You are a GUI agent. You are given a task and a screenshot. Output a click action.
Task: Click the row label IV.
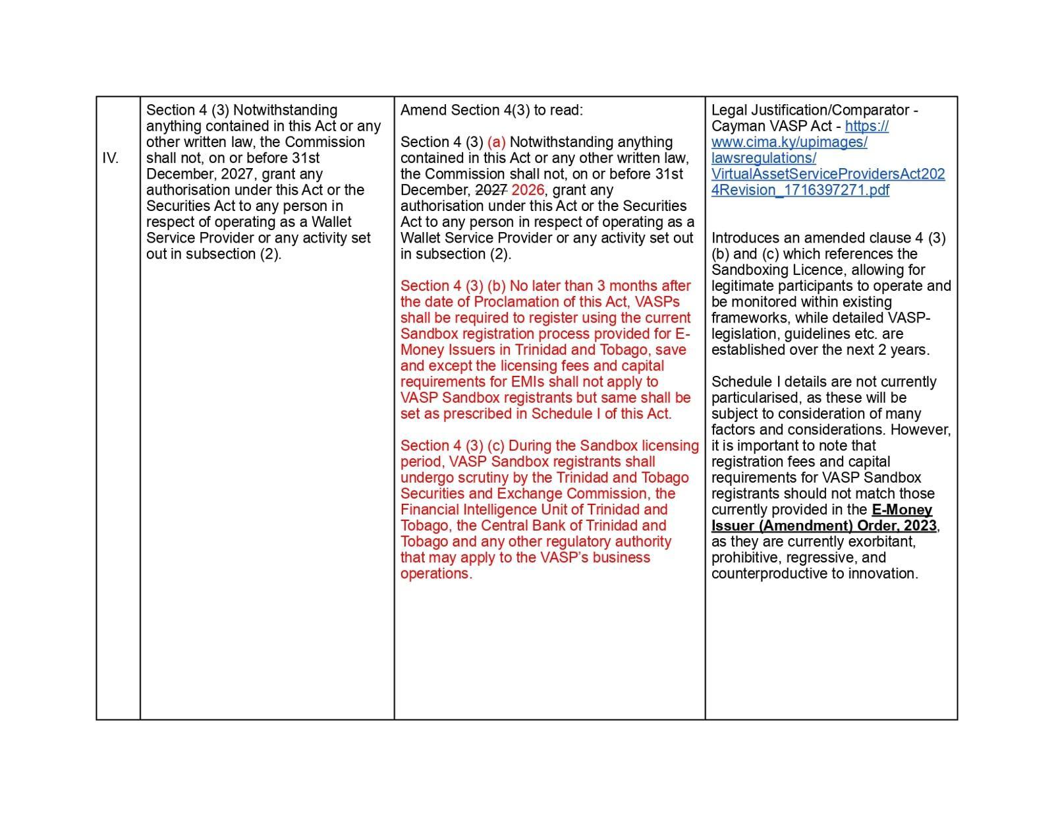coord(110,158)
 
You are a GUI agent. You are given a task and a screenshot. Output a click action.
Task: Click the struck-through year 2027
coord(491,190)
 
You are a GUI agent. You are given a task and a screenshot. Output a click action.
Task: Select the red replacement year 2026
coord(528,190)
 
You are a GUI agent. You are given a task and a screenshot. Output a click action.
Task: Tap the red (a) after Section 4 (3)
coord(496,142)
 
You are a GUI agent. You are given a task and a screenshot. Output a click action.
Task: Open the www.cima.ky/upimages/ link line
coord(789,142)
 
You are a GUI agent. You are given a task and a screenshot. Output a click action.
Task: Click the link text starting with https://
coord(867,126)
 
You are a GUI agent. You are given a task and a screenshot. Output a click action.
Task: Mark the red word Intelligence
coord(503,510)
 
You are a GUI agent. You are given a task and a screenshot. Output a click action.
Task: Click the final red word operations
coord(435,574)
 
